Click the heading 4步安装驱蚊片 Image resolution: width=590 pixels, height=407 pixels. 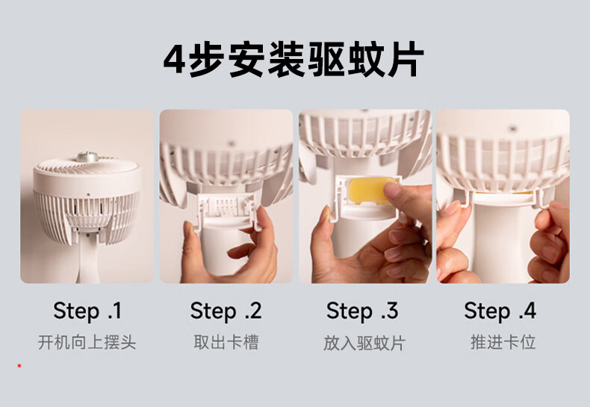(x=294, y=60)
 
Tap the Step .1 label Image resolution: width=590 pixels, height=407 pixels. (x=87, y=311)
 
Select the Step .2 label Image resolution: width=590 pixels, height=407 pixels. (x=226, y=311)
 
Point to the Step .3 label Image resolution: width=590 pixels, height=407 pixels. (x=362, y=311)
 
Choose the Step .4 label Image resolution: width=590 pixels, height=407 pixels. (x=500, y=311)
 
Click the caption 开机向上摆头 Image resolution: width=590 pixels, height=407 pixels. (x=87, y=342)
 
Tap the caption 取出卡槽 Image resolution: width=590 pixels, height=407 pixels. (x=226, y=342)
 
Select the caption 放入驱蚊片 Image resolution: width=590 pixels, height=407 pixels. (x=364, y=343)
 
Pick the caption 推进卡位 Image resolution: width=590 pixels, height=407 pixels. (x=503, y=342)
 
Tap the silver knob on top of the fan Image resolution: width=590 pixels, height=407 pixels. (x=87, y=157)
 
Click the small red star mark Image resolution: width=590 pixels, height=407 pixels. (x=19, y=366)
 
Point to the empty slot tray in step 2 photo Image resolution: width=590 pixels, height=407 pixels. (x=227, y=211)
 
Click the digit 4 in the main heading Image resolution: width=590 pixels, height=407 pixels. (x=174, y=60)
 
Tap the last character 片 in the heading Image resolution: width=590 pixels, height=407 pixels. (x=406, y=60)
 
